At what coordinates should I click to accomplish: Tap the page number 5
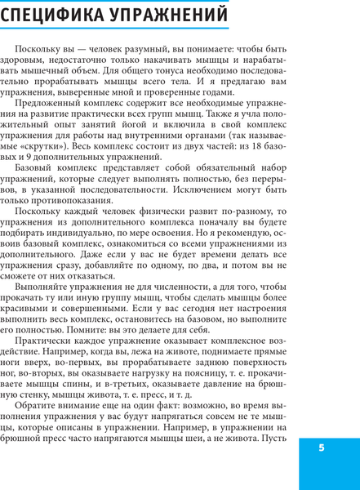(x=322, y=448)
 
